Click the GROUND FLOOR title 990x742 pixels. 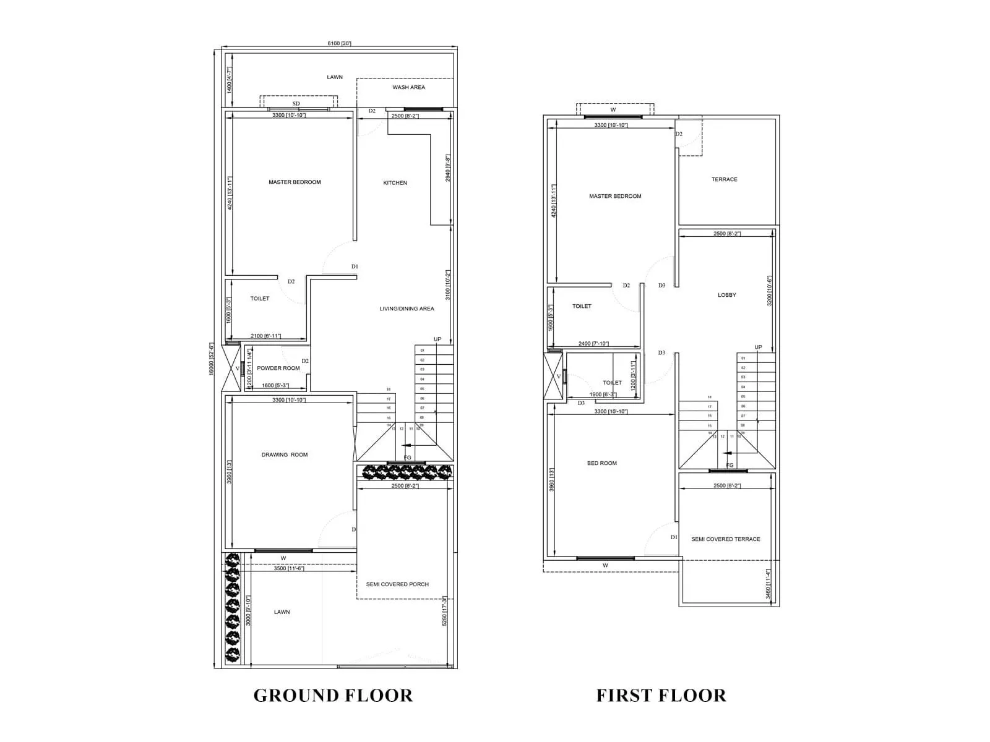point(333,695)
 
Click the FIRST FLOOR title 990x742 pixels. point(661,695)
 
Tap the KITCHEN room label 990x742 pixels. point(395,183)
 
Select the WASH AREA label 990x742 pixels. point(408,87)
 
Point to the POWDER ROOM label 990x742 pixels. point(278,368)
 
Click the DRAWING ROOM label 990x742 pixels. point(284,454)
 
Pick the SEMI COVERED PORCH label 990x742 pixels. point(397,584)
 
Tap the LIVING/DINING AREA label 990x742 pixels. point(407,309)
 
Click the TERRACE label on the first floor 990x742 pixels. point(724,179)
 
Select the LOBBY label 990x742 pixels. point(726,295)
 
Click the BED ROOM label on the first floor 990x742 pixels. point(601,463)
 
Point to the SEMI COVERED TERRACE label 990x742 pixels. point(725,539)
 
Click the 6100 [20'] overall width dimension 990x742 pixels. point(339,43)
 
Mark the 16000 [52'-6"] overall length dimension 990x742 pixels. point(211,358)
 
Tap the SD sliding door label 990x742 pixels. point(296,104)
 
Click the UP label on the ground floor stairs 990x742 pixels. point(437,339)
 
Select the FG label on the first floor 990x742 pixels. point(730,465)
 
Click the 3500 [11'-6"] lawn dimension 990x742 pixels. point(288,568)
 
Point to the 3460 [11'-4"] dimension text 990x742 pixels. point(768,584)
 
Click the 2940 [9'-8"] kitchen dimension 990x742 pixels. point(447,168)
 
